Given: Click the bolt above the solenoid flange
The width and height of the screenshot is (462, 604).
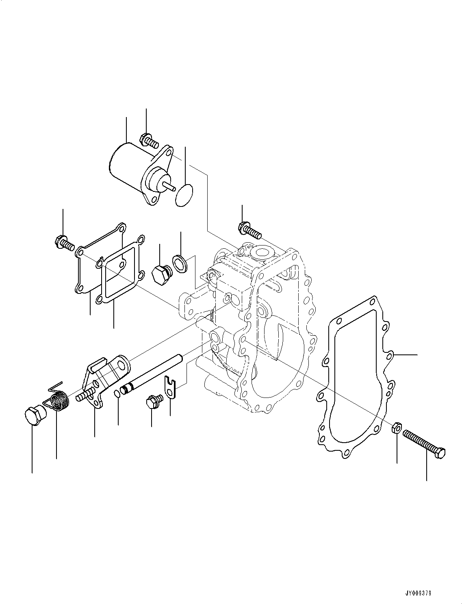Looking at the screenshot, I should [149, 141].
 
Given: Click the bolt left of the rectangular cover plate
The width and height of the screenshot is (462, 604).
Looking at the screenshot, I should [63, 243].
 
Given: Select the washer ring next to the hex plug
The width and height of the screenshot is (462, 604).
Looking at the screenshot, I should [179, 263].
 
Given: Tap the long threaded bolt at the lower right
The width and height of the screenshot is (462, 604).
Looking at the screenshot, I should [425, 445].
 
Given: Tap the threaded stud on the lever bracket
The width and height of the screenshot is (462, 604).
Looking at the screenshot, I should [84, 394].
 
